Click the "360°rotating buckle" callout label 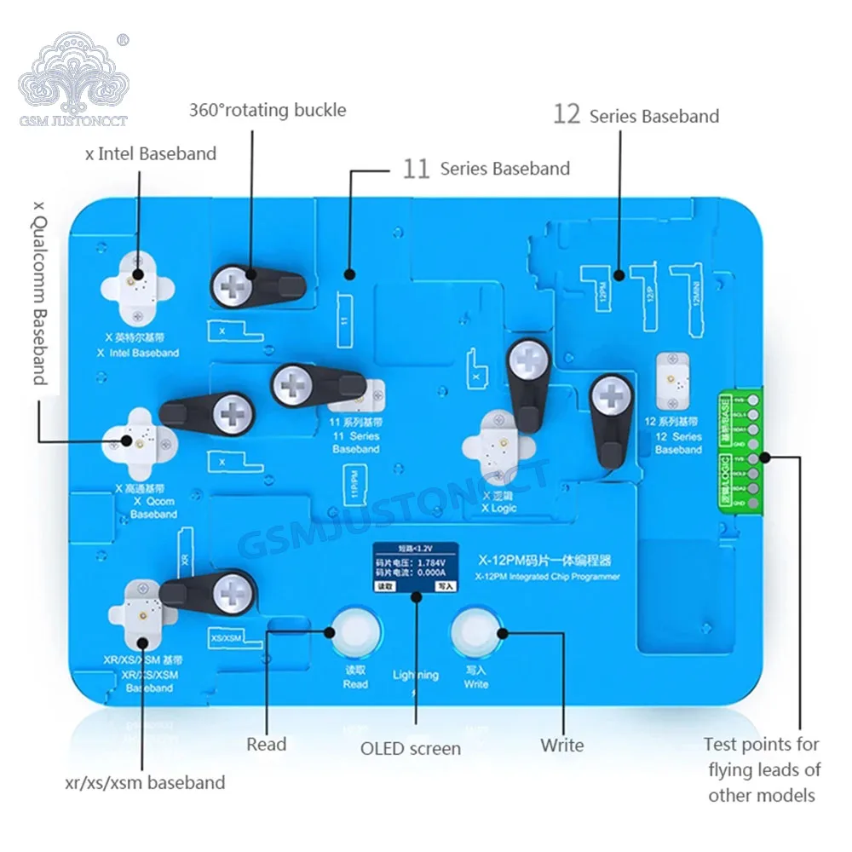tap(268, 110)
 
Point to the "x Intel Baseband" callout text tap(151, 154)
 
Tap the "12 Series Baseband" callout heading tap(636, 115)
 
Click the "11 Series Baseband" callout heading tap(486, 169)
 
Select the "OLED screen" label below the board tap(411, 749)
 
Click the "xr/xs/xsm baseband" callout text tap(146, 782)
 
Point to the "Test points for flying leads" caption tap(762, 769)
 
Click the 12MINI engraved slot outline tap(692, 294)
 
